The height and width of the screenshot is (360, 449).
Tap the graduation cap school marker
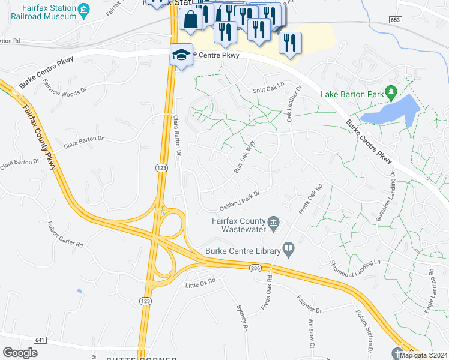pos(181,55)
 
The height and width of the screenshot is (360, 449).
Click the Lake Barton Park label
pos(352,94)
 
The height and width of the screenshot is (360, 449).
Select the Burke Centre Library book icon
pos(289,248)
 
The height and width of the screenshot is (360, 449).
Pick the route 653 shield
pos(395,20)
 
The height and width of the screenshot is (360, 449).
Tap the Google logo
pos(20,353)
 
